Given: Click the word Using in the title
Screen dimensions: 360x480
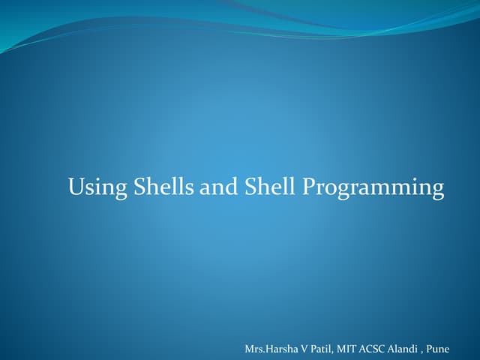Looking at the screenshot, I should click(x=97, y=187).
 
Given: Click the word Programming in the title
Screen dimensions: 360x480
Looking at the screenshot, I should click(x=373, y=188).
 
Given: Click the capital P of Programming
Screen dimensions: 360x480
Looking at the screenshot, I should click(x=308, y=186).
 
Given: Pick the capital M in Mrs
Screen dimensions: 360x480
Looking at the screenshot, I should click(x=250, y=349).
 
